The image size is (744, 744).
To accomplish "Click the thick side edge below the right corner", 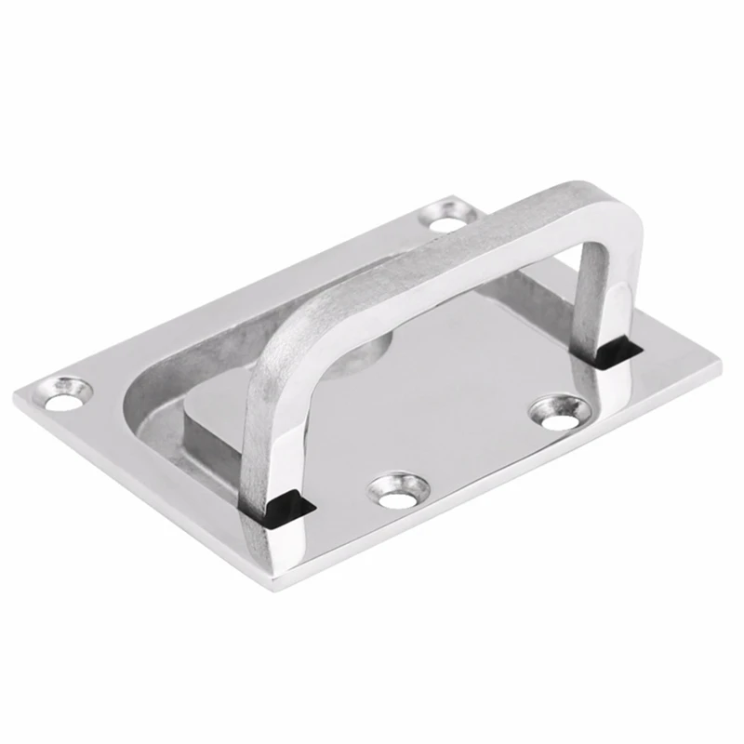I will (x=688, y=391).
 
